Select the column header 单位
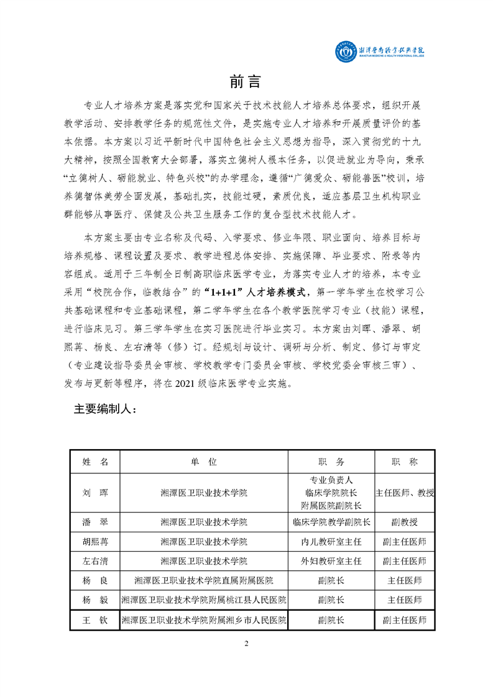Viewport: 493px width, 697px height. [x=203, y=462]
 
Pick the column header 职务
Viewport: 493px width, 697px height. [x=331, y=462]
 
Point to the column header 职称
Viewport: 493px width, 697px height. [x=404, y=462]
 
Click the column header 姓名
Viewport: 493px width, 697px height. [x=95, y=462]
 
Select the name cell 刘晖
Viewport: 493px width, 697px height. [x=95, y=493]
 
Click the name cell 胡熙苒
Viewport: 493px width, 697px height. [x=95, y=542]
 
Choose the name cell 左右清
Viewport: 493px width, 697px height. [x=95, y=561]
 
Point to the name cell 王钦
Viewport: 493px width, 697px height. [x=95, y=620]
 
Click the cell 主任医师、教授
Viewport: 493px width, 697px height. [x=404, y=493]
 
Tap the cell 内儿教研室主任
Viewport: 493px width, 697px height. [x=331, y=542]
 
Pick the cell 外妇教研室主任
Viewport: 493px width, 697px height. [x=331, y=561]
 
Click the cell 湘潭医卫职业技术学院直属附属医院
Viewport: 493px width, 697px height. [x=203, y=581]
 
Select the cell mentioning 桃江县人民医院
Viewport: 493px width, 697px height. [x=203, y=600]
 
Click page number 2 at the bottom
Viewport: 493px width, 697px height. [x=247, y=644]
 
